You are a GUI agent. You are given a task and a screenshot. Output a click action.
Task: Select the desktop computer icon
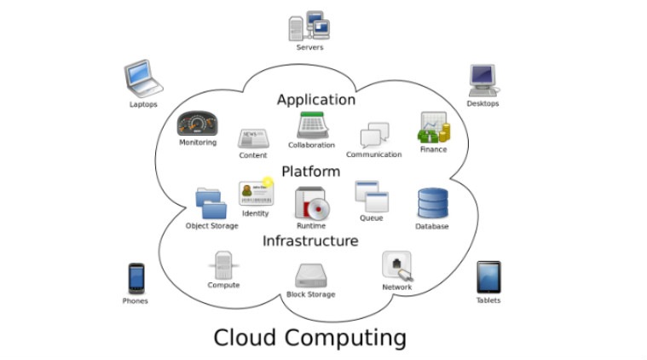pyautogui.click(x=482, y=81)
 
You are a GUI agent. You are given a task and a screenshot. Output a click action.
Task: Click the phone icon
pyautogui.click(x=135, y=277)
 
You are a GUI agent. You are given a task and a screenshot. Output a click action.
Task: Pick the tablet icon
pyautogui.click(x=488, y=277)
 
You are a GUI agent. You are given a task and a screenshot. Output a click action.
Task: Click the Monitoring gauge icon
pyautogui.click(x=197, y=125)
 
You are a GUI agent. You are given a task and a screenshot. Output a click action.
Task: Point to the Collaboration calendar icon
pyautogui.click(x=310, y=125)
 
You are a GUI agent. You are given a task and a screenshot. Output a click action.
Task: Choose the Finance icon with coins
pyautogui.click(x=433, y=129)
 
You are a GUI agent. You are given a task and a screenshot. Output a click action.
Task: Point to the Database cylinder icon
pyautogui.click(x=431, y=203)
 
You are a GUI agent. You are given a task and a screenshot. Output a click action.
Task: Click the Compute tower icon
pyautogui.click(x=223, y=265)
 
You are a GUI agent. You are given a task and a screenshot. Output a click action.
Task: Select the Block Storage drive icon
pyautogui.click(x=310, y=275)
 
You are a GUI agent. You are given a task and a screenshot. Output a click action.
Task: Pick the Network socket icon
pyautogui.click(x=397, y=266)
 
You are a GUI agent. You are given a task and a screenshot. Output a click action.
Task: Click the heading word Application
pyautogui.click(x=315, y=100)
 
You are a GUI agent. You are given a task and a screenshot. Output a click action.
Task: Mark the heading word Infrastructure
pyautogui.click(x=309, y=241)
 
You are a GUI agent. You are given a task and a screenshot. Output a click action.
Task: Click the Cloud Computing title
pyautogui.click(x=309, y=337)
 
